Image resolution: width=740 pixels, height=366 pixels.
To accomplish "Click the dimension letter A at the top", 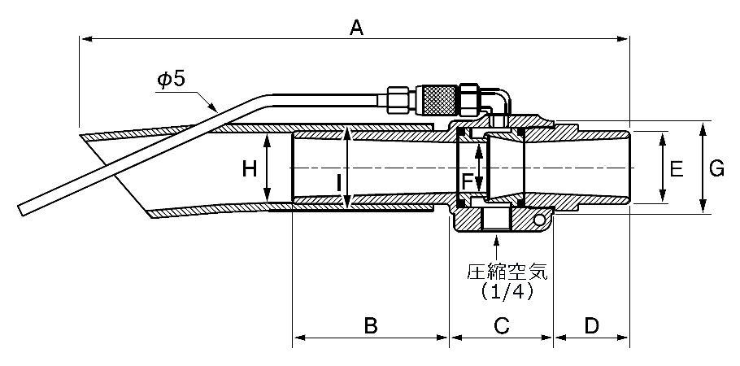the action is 356,28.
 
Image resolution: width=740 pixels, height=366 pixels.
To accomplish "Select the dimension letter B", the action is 371,325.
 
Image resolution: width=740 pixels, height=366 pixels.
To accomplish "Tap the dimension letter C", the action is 501,325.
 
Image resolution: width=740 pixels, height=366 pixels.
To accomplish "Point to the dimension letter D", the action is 591,325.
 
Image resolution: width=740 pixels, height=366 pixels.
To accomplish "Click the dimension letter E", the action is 677,168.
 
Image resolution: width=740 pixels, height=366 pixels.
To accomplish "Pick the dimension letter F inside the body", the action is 467,181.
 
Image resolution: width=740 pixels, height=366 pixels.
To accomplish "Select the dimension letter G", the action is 717,168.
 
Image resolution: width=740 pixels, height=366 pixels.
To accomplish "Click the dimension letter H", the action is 250,168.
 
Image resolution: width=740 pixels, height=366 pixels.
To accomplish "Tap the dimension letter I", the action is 339,182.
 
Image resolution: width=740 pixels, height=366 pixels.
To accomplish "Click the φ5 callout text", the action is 172,80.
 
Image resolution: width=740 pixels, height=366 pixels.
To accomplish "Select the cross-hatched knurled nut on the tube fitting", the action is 439,100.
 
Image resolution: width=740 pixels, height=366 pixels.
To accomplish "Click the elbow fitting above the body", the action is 497,104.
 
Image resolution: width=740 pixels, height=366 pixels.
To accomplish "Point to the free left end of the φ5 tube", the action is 21,211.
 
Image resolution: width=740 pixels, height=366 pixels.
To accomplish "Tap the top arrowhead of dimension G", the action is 703,128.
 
